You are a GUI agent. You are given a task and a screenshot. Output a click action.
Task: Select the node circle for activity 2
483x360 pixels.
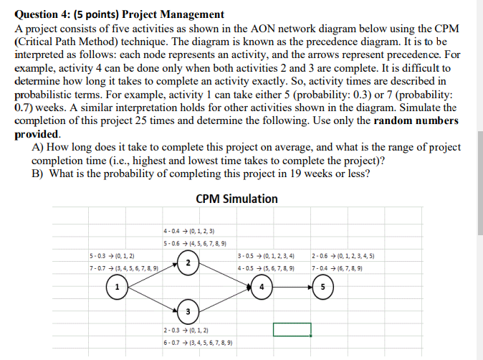(188, 263)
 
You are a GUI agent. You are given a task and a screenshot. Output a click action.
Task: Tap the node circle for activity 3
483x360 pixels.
(188, 311)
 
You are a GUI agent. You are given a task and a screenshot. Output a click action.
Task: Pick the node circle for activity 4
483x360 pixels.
(262, 288)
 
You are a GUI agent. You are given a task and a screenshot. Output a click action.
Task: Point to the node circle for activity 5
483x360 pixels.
(323, 288)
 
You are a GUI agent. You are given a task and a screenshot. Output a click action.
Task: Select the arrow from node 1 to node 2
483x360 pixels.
(150, 275)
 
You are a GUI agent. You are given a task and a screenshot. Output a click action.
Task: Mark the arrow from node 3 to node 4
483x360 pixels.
(224, 300)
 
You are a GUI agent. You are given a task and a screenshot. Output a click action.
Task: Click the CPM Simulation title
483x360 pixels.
(236, 199)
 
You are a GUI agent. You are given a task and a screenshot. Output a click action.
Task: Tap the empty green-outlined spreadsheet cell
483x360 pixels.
(292, 329)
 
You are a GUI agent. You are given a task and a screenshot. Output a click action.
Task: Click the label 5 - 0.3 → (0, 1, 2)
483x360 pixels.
(113, 256)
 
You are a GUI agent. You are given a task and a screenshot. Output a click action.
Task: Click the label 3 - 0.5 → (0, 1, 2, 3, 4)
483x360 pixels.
(265, 256)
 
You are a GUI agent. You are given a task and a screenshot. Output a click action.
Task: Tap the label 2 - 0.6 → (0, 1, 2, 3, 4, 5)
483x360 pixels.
(343, 256)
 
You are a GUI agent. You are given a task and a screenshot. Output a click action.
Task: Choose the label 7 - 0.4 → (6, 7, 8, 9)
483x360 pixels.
(337, 269)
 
